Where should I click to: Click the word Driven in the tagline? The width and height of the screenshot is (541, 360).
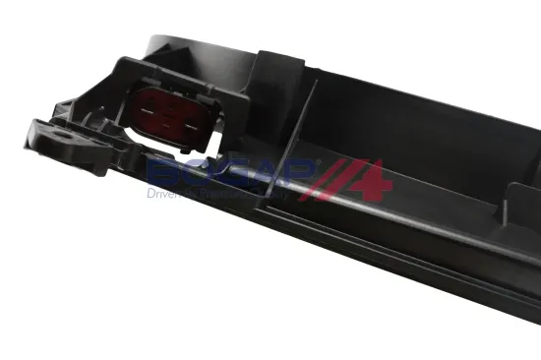click(x=164, y=196)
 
